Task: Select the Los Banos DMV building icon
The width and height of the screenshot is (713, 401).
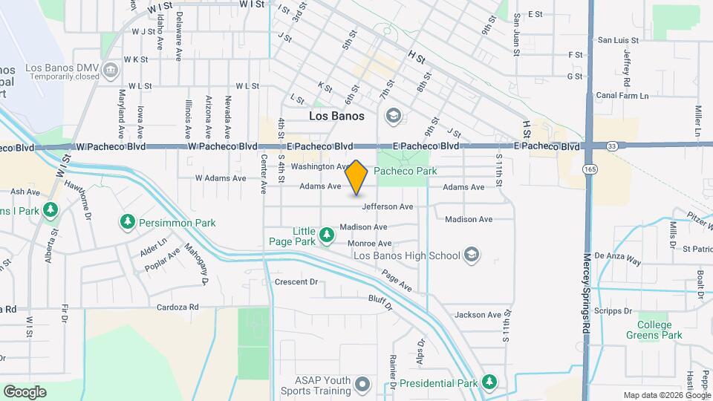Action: tap(111, 71)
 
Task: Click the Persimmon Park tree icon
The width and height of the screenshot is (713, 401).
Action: tap(128, 221)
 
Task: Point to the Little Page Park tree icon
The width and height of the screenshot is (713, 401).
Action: tap(326, 235)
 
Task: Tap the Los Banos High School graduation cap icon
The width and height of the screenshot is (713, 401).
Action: tap(470, 255)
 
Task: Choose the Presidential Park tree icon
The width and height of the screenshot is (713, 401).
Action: tap(489, 382)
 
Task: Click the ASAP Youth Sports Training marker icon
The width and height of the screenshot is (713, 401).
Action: tap(362, 384)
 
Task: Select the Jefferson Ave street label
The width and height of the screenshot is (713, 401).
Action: tap(387, 206)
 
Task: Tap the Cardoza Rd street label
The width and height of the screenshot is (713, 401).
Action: tap(178, 307)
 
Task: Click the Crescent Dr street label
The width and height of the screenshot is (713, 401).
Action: tap(296, 282)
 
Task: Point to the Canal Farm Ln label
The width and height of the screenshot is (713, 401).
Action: tap(623, 96)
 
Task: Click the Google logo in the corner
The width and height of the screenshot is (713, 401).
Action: tap(25, 391)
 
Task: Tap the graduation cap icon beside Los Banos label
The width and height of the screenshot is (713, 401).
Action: tap(393, 116)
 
